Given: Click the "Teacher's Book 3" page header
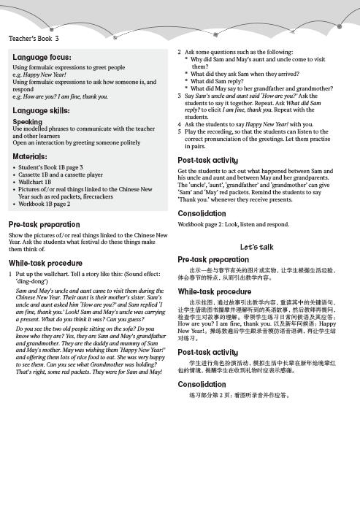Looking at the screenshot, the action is [34, 38].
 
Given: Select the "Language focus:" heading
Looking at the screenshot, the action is [42, 56].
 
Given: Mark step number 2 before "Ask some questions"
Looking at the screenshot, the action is [180, 53].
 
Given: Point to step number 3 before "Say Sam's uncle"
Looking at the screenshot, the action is [180, 96].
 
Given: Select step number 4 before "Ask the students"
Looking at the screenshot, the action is [180, 124].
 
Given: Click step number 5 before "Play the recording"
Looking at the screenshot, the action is [180, 131].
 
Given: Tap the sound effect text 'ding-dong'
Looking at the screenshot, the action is [32, 279].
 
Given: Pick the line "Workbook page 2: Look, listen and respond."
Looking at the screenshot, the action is [233, 224].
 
